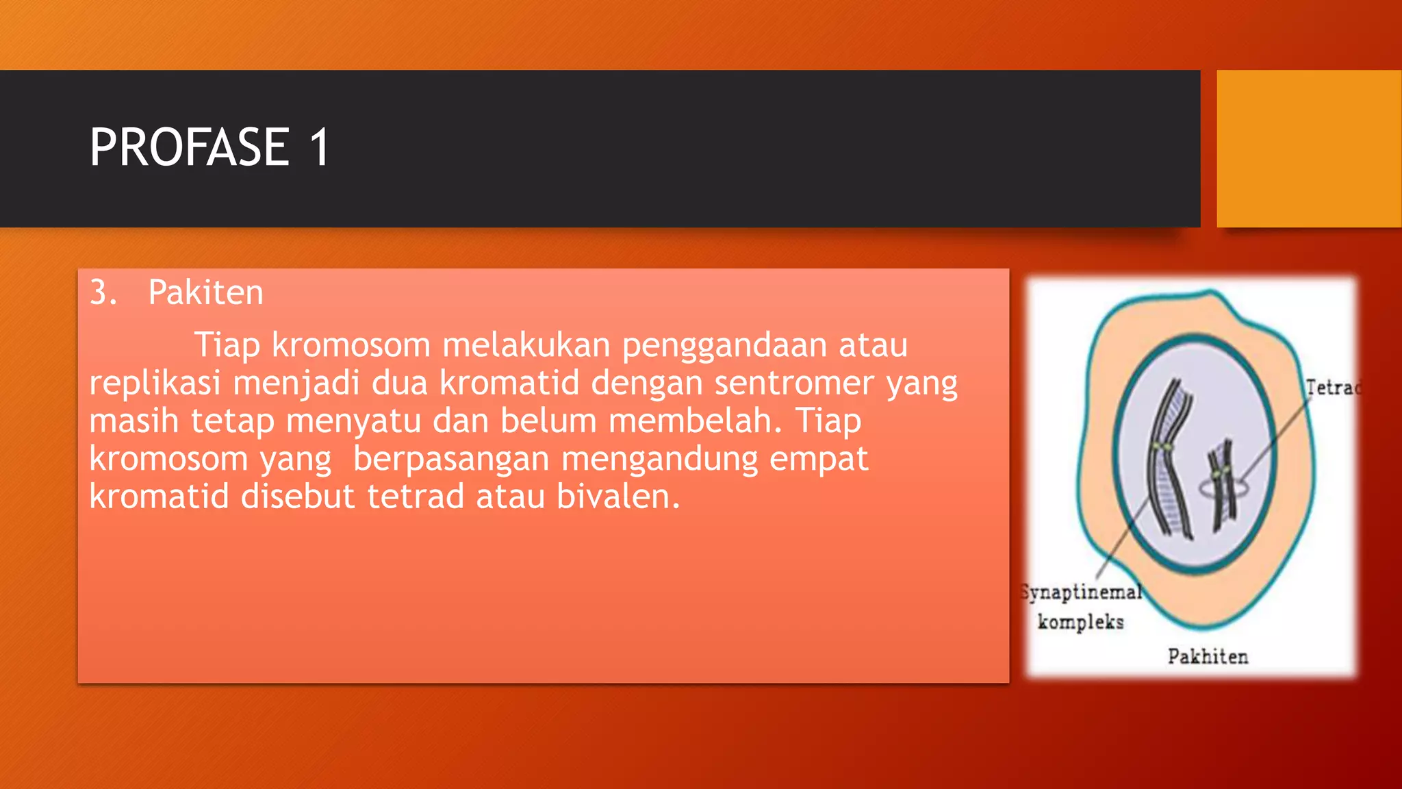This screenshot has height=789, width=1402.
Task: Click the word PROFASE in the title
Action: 190,147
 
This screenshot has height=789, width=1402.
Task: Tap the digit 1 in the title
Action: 320,147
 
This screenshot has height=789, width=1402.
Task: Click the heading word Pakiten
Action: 205,293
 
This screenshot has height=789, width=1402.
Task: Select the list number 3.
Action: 103,293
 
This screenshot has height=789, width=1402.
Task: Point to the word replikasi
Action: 155,383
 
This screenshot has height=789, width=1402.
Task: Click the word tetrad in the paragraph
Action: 416,497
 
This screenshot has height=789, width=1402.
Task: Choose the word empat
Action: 819,459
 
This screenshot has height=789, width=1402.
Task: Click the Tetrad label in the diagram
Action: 1331,388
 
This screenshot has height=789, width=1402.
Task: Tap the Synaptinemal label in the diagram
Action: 1081,592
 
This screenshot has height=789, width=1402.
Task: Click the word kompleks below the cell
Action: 1080,622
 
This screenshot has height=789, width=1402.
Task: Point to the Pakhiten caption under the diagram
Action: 1208,657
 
